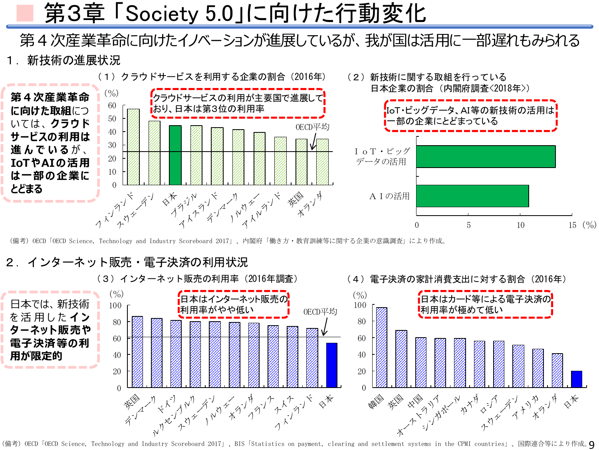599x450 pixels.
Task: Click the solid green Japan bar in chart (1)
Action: point(175,155)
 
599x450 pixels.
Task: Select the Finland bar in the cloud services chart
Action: point(133,147)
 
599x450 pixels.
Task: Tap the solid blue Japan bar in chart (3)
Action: point(331,365)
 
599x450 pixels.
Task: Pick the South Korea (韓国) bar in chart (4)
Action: point(381,347)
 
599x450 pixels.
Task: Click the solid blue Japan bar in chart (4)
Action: point(576,379)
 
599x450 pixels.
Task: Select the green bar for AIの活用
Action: point(472,196)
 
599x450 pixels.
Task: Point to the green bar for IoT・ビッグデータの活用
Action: point(486,156)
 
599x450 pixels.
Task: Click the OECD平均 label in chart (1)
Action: point(312,127)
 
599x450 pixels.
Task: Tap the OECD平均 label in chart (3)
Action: point(320,312)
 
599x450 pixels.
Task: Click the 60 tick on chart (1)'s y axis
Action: point(112,106)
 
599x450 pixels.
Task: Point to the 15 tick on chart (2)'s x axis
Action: point(572,225)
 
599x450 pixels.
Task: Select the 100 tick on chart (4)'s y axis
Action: point(360,305)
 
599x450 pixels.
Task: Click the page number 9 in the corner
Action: point(591,444)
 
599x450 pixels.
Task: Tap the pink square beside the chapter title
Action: point(25,13)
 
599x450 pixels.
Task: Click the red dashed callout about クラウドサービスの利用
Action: point(238,104)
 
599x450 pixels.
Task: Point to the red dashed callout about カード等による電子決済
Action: point(485,305)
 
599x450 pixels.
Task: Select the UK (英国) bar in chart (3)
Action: point(137,352)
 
